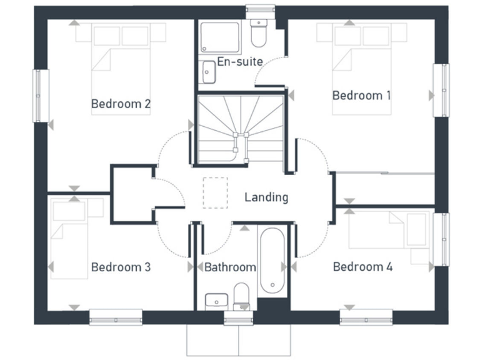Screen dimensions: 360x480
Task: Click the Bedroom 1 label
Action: pyautogui.click(x=361, y=96)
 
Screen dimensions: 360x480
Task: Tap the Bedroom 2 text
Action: pyautogui.click(x=121, y=104)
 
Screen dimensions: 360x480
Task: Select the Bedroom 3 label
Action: pyautogui.click(x=121, y=267)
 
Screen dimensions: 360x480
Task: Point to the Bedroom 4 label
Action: pyautogui.click(x=362, y=267)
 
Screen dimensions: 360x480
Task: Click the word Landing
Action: pyautogui.click(x=266, y=197)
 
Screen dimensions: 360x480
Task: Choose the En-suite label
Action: pyautogui.click(x=240, y=61)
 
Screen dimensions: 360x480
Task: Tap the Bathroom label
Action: pyautogui.click(x=230, y=267)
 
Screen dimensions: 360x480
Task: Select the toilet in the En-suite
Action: pyautogui.click(x=257, y=34)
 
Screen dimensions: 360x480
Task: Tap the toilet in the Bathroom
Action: pyautogui.click(x=241, y=296)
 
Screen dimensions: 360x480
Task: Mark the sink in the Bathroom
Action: pyautogui.click(x=216, y=301)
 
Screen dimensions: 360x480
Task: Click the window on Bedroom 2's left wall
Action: pyautogui.click(x=41, y=96)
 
